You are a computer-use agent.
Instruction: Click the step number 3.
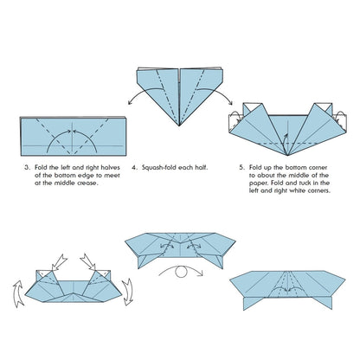(27, 167)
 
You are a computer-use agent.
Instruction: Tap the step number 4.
(135, 167)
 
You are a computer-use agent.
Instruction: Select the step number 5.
(241, 167)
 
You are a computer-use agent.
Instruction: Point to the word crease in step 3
(87, 183)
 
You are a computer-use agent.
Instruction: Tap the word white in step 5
(298, 190)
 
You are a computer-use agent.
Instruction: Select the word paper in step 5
(257, 183)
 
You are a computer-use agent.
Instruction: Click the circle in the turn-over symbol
(181, 272)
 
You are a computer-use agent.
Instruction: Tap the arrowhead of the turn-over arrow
(201, 273)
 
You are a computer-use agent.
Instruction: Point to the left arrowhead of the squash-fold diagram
(130, 102)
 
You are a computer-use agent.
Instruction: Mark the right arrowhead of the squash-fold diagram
(230, 102)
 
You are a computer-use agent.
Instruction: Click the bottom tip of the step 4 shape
(179, 125)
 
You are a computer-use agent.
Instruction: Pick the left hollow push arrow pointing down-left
(59, 262)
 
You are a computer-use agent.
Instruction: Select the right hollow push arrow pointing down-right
(87, 262)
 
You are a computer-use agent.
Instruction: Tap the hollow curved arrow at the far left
(18, 293)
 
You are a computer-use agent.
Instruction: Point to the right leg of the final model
(322, 303)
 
